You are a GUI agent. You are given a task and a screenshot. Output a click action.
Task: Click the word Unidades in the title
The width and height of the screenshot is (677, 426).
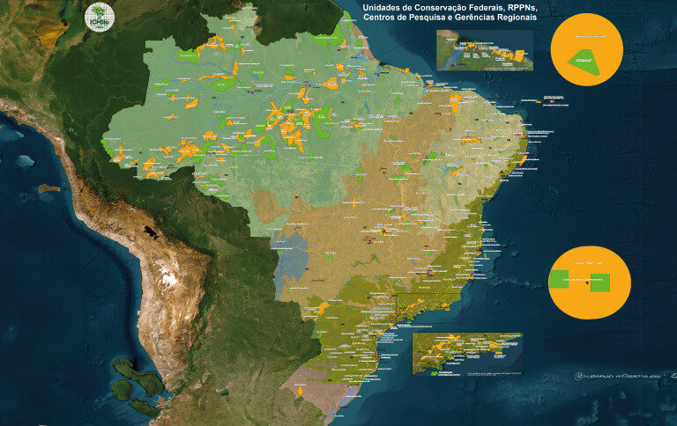point(383,6)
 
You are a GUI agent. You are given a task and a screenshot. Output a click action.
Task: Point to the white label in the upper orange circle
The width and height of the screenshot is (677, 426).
point(585,36)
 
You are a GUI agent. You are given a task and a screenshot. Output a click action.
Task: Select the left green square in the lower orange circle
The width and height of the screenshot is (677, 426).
point(559,283)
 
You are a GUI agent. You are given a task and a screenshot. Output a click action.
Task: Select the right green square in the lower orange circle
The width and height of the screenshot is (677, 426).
point(600,283)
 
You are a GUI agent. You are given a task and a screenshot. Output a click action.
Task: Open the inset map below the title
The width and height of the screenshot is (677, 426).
point(484,50)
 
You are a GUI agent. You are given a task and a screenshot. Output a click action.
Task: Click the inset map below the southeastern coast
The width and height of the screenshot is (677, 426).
point(466,354)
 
